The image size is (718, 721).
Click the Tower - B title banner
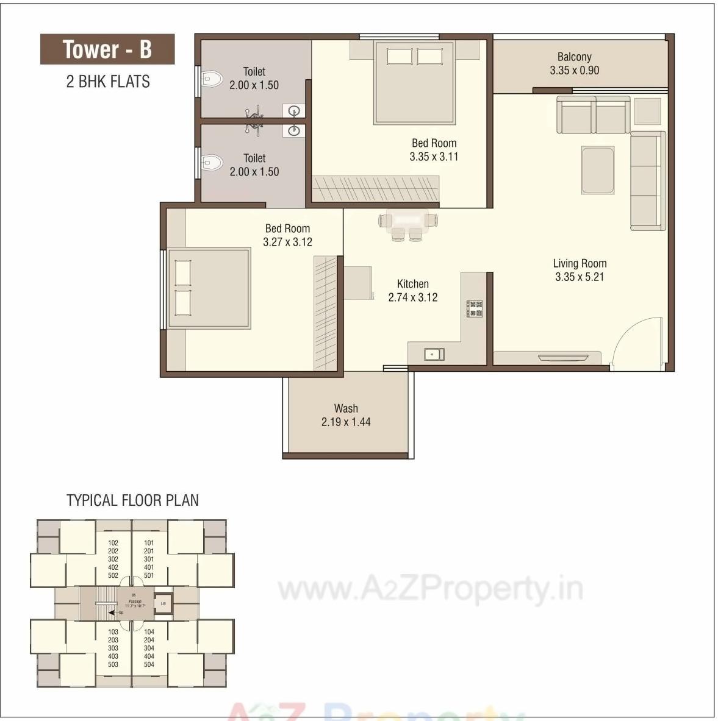click(107, 49)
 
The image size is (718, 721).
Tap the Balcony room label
click(574, 57)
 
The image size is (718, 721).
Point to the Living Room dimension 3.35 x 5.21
click(579, 277)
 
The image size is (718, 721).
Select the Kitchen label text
click(413, 284)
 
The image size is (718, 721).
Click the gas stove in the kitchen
click(475, 308)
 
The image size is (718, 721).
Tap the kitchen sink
click(434, 354)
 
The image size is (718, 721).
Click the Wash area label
click(346, 408)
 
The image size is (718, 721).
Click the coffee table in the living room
click(597, 170)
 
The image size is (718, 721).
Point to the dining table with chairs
click(407, 224)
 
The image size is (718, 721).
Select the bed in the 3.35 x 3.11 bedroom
click(414, 83)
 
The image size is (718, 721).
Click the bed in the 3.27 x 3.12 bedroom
click(209, 288)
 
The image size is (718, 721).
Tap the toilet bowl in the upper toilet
click(211, 79)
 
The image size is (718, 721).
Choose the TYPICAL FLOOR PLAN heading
click(132, 500)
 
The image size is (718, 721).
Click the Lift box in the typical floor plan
click(163, 603)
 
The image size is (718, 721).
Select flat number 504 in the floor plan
click(149, 664)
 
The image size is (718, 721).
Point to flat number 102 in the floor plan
click(113, 542)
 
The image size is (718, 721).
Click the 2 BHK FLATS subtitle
click(108, 81)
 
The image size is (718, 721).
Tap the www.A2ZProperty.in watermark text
click(430, 589)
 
